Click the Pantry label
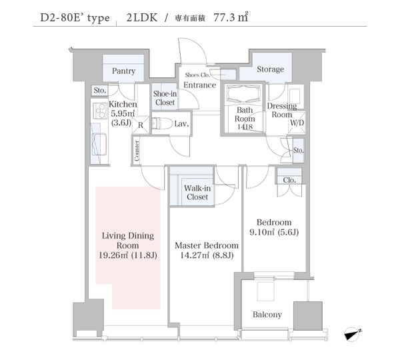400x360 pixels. (x=123, y=71)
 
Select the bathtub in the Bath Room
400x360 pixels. (x=245, y=93)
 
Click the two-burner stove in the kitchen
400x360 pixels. (x=100, y=111)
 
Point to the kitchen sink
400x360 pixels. (x=99, y=144)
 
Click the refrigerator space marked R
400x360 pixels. (x=141, y=125)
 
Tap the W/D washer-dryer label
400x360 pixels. (x=297, y=123)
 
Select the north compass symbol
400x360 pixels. (x=353, y=334)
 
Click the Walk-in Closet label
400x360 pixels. (x=197, y=193)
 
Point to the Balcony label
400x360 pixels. (x=267, y=315)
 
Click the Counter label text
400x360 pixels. (x=137, y=151)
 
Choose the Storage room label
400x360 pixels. (x=270, y=69)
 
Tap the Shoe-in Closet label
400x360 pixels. (x=165, y=98)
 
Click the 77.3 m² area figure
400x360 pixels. (x=231, y=17)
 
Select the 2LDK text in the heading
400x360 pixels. (x=142, y=17)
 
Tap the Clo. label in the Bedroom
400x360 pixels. (x=289, y=180)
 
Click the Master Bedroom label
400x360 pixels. (x=207, y=245)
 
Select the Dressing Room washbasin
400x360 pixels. (x=295, y=96)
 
